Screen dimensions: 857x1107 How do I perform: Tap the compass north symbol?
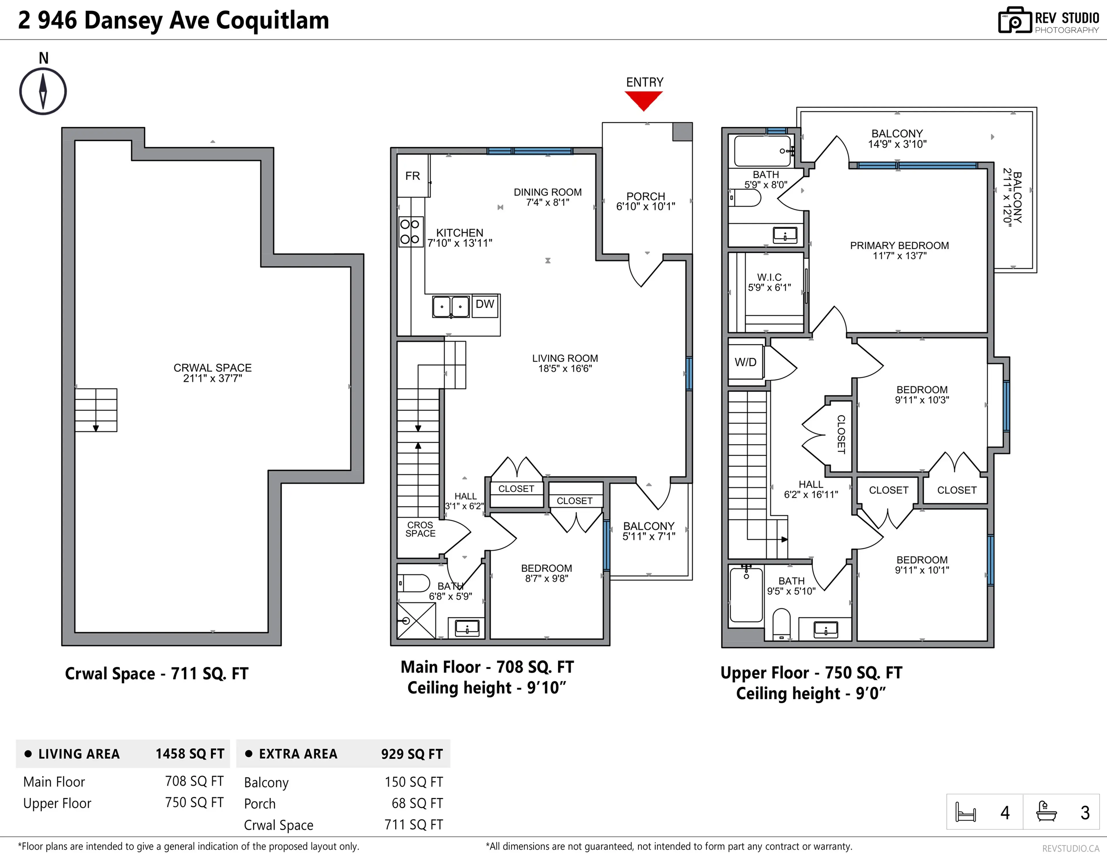(x=43, y=91)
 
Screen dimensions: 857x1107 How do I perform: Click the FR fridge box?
(x=413, y=176)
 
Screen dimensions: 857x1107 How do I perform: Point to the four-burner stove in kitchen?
(x=410, y=231)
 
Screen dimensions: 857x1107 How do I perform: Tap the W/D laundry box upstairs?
(x=745, y=362)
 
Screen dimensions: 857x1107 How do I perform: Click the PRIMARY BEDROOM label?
(x=899, y=246)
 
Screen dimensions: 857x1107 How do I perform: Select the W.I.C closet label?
(x=769, y=277)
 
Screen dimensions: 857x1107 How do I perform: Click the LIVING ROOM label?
(x=565, y=358)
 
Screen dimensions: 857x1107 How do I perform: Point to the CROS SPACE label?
(x=420, y=529)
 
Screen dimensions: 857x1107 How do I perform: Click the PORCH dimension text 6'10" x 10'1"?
(x=645, y=207)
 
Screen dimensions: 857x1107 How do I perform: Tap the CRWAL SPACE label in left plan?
(x=212, y=368)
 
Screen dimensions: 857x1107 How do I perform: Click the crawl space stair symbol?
(x=96, y=410)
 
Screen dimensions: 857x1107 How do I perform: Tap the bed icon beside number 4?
(x=965, y=812)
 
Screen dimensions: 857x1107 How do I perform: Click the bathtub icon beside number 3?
(x=1046, y=811)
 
